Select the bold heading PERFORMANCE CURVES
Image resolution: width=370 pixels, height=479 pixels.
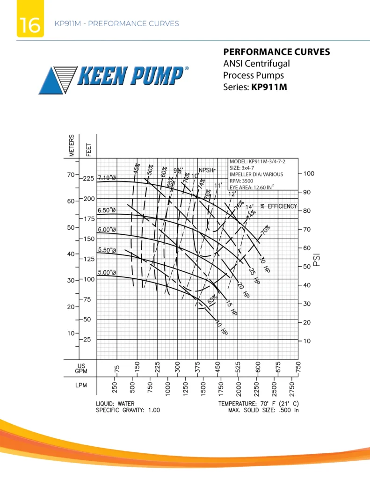(x=276, y=52)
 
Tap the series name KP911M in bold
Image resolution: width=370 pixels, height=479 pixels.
(x=269, y=87)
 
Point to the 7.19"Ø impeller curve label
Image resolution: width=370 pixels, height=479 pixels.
(x=108, y=178)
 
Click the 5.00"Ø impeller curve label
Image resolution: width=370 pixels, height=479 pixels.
(x=107, y=272)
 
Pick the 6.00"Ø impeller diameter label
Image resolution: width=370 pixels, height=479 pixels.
(x=107, y=230)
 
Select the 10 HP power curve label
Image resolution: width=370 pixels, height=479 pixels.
(x=222, y=329)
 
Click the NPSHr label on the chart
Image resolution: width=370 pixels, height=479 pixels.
(x=206, y=170)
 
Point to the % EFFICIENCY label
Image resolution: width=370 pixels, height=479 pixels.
(x=279, y=206)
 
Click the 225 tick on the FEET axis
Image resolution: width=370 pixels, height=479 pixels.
(x=88, y=179)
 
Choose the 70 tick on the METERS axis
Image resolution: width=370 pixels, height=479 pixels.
(x=71, y=175)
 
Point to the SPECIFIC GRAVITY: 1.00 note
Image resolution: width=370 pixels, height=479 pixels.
(x=128, y=410)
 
